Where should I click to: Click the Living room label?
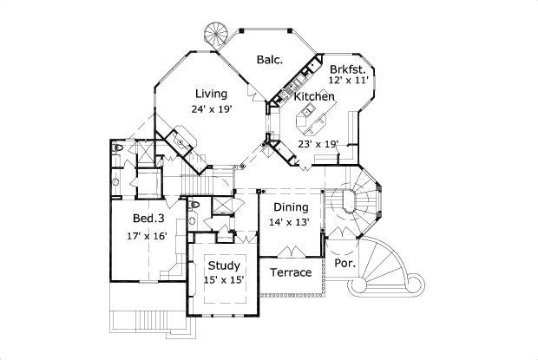point(211,94)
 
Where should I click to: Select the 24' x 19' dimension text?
point(211,109)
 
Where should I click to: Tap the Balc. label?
point(267,60)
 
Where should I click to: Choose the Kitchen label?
point(313,98)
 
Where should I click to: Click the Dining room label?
point(291,207)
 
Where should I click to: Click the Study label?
point(223,265)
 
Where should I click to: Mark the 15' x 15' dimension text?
point(223,279)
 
